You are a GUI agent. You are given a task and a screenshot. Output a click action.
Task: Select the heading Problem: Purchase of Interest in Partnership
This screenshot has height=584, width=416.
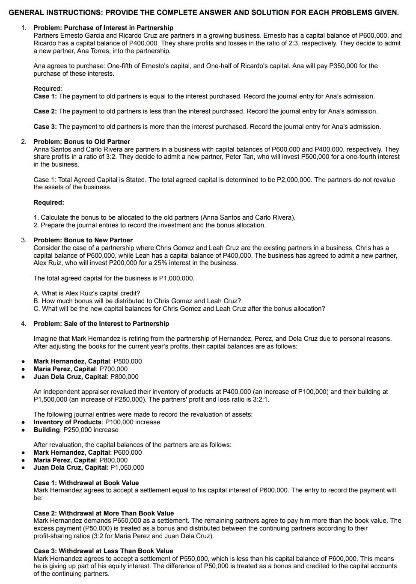[x=103, y=28]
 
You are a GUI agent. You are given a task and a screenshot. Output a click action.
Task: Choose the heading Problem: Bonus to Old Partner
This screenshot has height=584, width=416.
[x=82, y=142]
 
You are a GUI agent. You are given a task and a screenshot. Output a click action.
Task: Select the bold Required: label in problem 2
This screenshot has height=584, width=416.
[x=49, y=203]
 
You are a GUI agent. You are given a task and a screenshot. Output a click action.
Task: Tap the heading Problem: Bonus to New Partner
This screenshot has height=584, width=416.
[x=83, y=240]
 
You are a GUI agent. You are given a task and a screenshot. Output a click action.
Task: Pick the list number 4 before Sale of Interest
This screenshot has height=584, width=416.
[x=24, y=324]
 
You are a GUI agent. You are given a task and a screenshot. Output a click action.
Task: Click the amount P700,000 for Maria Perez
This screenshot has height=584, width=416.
[x=113, y=369]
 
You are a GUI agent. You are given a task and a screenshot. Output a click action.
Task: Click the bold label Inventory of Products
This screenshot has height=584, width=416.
[x=68, y=422]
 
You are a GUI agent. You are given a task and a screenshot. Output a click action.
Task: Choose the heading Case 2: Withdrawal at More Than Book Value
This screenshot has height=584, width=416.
[x=104, y=513]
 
